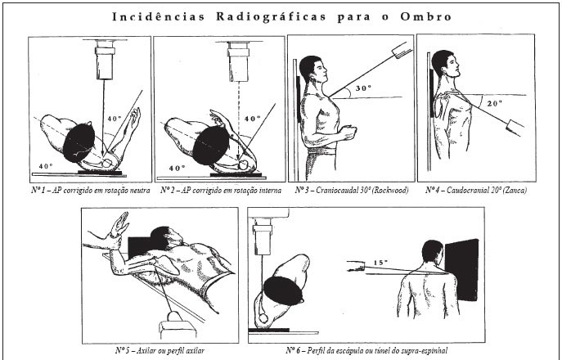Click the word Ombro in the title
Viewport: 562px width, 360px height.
[425, 16]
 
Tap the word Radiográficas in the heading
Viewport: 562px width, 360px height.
[271, 17]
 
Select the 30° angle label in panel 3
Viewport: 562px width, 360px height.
[363, 88]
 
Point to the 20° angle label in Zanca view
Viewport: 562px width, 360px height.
[494, 103]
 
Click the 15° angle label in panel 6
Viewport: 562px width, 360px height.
[380, 263]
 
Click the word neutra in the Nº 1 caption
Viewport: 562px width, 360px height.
[140, 190]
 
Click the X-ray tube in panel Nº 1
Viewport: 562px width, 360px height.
[105, 60]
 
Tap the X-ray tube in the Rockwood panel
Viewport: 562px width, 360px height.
[402, 50]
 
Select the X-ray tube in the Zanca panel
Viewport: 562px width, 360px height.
[515, 128]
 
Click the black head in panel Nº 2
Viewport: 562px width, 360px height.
[211, 145]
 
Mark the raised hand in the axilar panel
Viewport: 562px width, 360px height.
[119, 225]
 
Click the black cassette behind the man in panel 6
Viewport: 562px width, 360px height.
[461, 270]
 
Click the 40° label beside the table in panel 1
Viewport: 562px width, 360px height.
[47, 166]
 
